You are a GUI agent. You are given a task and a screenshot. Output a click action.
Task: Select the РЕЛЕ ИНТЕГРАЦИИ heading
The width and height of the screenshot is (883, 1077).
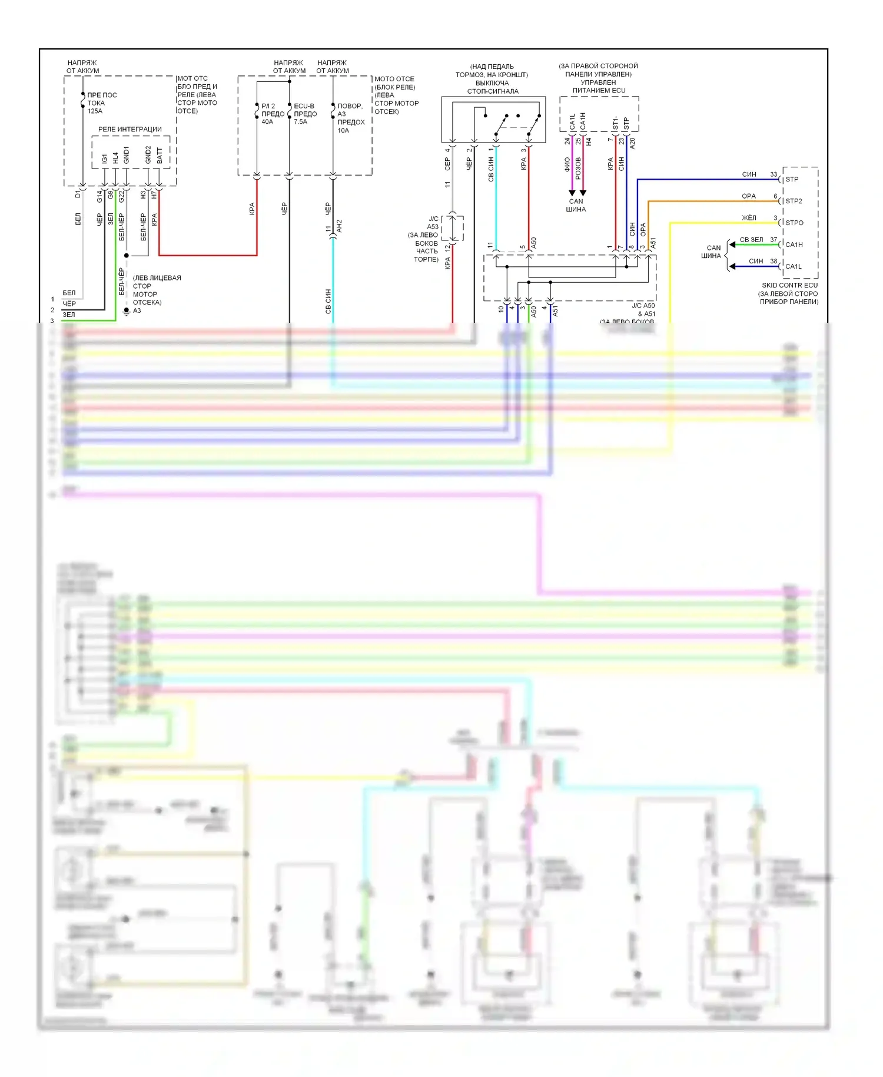point(130,129)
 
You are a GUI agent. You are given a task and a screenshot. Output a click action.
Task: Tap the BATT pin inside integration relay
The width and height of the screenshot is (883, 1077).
point(160,156)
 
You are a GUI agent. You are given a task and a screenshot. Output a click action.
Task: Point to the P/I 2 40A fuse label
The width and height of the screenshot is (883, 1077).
point(272,114)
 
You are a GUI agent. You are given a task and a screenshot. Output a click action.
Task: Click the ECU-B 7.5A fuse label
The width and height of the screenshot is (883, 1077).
point(305,114)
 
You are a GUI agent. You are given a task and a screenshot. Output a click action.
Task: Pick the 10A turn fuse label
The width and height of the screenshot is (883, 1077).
point(350,118)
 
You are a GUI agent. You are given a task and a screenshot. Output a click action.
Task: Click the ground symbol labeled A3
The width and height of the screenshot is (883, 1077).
point(127,310)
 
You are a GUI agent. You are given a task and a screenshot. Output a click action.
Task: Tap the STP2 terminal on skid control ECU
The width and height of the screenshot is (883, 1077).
point(794,201)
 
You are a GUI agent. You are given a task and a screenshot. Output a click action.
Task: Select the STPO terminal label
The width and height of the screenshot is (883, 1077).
point(794,223)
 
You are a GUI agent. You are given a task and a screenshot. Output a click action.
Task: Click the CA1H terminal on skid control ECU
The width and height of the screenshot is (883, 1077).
point(794,245)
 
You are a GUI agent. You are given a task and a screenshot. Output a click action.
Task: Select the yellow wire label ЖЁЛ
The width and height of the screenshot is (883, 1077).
point(749,218)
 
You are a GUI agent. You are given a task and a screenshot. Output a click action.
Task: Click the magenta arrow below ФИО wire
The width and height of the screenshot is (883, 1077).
point(572,193)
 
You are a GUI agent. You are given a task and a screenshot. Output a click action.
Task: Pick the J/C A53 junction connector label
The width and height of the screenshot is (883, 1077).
point(433,223)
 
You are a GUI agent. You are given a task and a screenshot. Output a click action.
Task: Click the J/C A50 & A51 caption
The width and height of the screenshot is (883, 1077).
point(643,310)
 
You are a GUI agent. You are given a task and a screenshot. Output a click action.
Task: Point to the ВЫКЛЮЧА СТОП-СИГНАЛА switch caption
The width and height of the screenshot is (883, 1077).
point(493,87)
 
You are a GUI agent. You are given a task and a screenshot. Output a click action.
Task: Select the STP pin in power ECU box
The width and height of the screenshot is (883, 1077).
point(626,124)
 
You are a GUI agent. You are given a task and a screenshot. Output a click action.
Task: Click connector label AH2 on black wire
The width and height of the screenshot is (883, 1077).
point(339,226)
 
